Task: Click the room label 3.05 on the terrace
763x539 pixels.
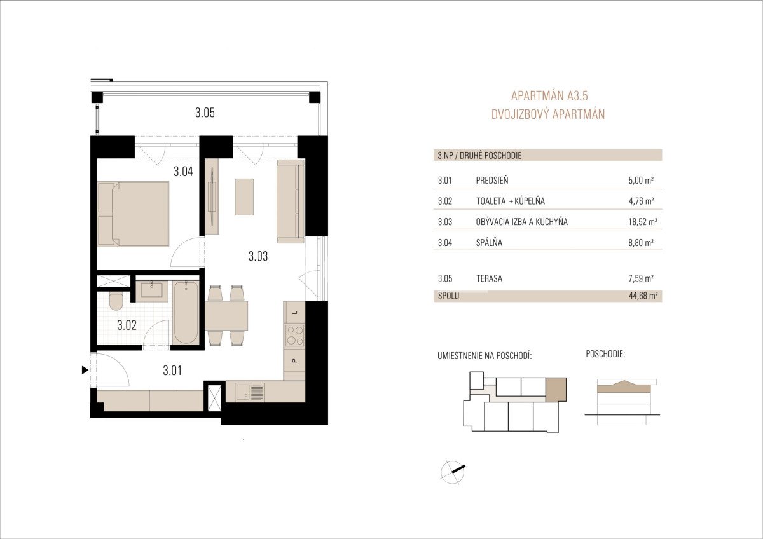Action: point(205,113)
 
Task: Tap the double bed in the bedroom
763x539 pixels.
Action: point(133,214)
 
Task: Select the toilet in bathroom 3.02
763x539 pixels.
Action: point(116,301)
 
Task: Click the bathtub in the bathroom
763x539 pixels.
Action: point(186,313)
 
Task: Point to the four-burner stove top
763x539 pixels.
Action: point(294,336)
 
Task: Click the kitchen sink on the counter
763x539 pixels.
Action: point(250,392)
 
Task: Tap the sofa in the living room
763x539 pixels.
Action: point(291,201)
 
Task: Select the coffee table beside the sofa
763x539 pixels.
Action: point(244,197)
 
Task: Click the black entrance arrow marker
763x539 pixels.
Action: point(85,370)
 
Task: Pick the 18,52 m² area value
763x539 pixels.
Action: point(643,222)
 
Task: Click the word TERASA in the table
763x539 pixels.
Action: point(489,278)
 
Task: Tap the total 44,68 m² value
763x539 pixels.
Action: point(643,296)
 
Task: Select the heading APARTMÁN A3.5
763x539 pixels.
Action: point(549,96)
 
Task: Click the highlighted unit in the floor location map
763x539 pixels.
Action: point(556,390)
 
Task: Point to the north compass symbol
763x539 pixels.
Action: point(453,472)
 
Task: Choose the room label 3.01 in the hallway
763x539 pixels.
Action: point(172,371)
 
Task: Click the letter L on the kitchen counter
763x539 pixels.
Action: point(295,312)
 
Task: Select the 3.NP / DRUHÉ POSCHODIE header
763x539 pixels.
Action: point(479,156)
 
